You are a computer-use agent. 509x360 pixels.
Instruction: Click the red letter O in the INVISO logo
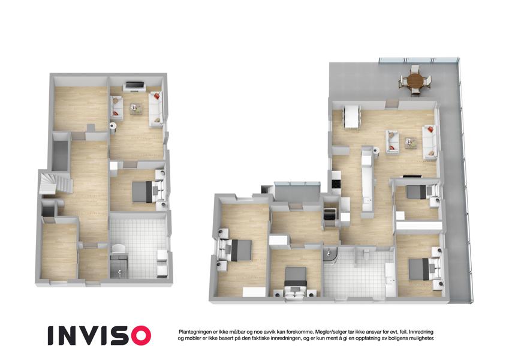point(139,335)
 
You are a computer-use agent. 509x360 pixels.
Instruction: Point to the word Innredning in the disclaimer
point(421,332)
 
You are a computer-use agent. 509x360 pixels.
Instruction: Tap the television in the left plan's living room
point(135,86)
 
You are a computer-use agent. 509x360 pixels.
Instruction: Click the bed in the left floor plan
point(146,191)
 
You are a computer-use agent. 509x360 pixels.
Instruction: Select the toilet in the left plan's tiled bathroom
point(118,249)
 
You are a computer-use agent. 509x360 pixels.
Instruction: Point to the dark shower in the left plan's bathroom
point(119,266)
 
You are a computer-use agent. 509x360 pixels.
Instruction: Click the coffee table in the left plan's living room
point(136,109)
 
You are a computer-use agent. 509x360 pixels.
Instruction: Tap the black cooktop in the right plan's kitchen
point(335,184)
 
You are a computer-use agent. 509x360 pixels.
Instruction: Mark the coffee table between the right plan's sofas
point(410,143)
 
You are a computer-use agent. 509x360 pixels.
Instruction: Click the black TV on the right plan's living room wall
point(412,176)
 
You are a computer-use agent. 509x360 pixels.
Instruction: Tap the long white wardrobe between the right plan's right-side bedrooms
point(419,225)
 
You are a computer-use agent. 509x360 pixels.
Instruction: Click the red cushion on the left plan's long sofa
point(157,96)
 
